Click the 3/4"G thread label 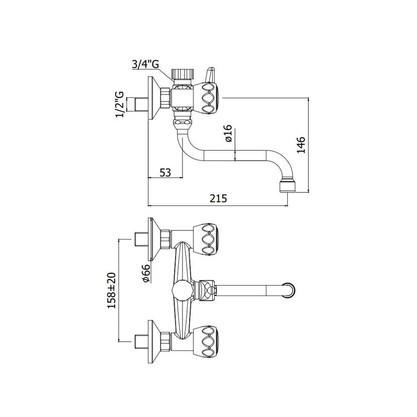coord(145,64)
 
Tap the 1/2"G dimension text coord(119,104)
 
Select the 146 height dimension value coord(301,145)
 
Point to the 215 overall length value coord(218,199)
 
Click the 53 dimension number coord(165,173)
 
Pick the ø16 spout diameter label coord(229,133)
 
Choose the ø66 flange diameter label coord(146,273)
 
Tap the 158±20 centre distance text coord(112,290)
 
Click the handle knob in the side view coord(206,98)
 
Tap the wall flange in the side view coord(153,98)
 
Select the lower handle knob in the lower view coord(206,341)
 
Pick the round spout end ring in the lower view coord(290,290)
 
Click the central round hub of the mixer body coord(182,291)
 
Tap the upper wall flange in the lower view coord(154,240)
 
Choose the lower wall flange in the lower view coord(154,341)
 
